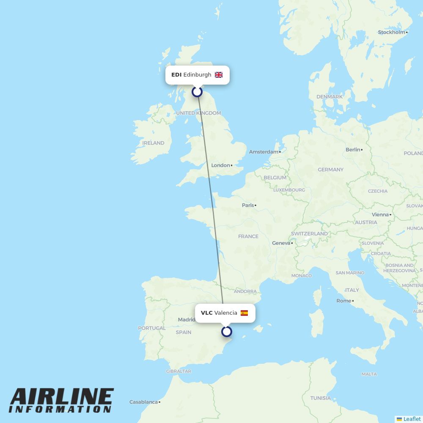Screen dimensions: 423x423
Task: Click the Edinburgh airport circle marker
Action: click(x=197, y=91)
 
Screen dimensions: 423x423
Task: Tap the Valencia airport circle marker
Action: click(x=227, y=331)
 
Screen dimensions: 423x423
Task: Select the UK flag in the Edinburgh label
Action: click(x=219, y=75)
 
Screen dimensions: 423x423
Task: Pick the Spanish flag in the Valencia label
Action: click(x=244, y=313)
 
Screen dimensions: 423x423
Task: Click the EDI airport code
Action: click(x=176, y=75)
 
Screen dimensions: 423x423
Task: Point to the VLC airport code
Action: click(x=206, y=313)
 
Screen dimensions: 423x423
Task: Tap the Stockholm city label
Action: click(x=391, y=32)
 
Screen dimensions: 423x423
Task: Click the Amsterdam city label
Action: click(x=264, y=152)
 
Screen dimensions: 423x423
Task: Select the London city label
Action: click(x=220, y=165)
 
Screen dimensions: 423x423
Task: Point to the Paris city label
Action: click(x=248, y=205)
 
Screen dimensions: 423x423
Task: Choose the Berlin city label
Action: click(x=353, y=150)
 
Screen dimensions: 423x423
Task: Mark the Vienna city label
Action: click(x=380, y=214)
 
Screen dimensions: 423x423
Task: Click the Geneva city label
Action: click(x=281, y=243)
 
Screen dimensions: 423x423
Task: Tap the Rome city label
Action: click(x=343, y=301)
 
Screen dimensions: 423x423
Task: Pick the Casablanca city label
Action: click(x=143, y=402)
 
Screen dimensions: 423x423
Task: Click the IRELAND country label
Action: click(x=153, y=143)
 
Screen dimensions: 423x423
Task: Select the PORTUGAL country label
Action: click(x=152, y=328)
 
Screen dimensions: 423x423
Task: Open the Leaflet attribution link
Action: click(x=412, y=419)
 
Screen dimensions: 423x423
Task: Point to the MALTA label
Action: click(x=369, y=374)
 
